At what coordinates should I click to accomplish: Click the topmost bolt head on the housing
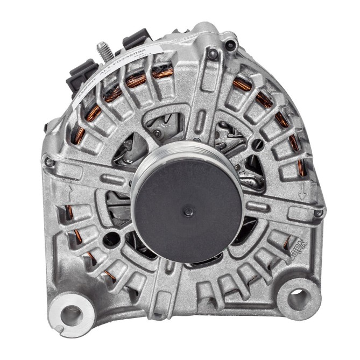[x=213, y=53]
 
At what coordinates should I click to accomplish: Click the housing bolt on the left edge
[x=49, y=161]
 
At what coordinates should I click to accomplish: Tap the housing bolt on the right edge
[x=319, y=214]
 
